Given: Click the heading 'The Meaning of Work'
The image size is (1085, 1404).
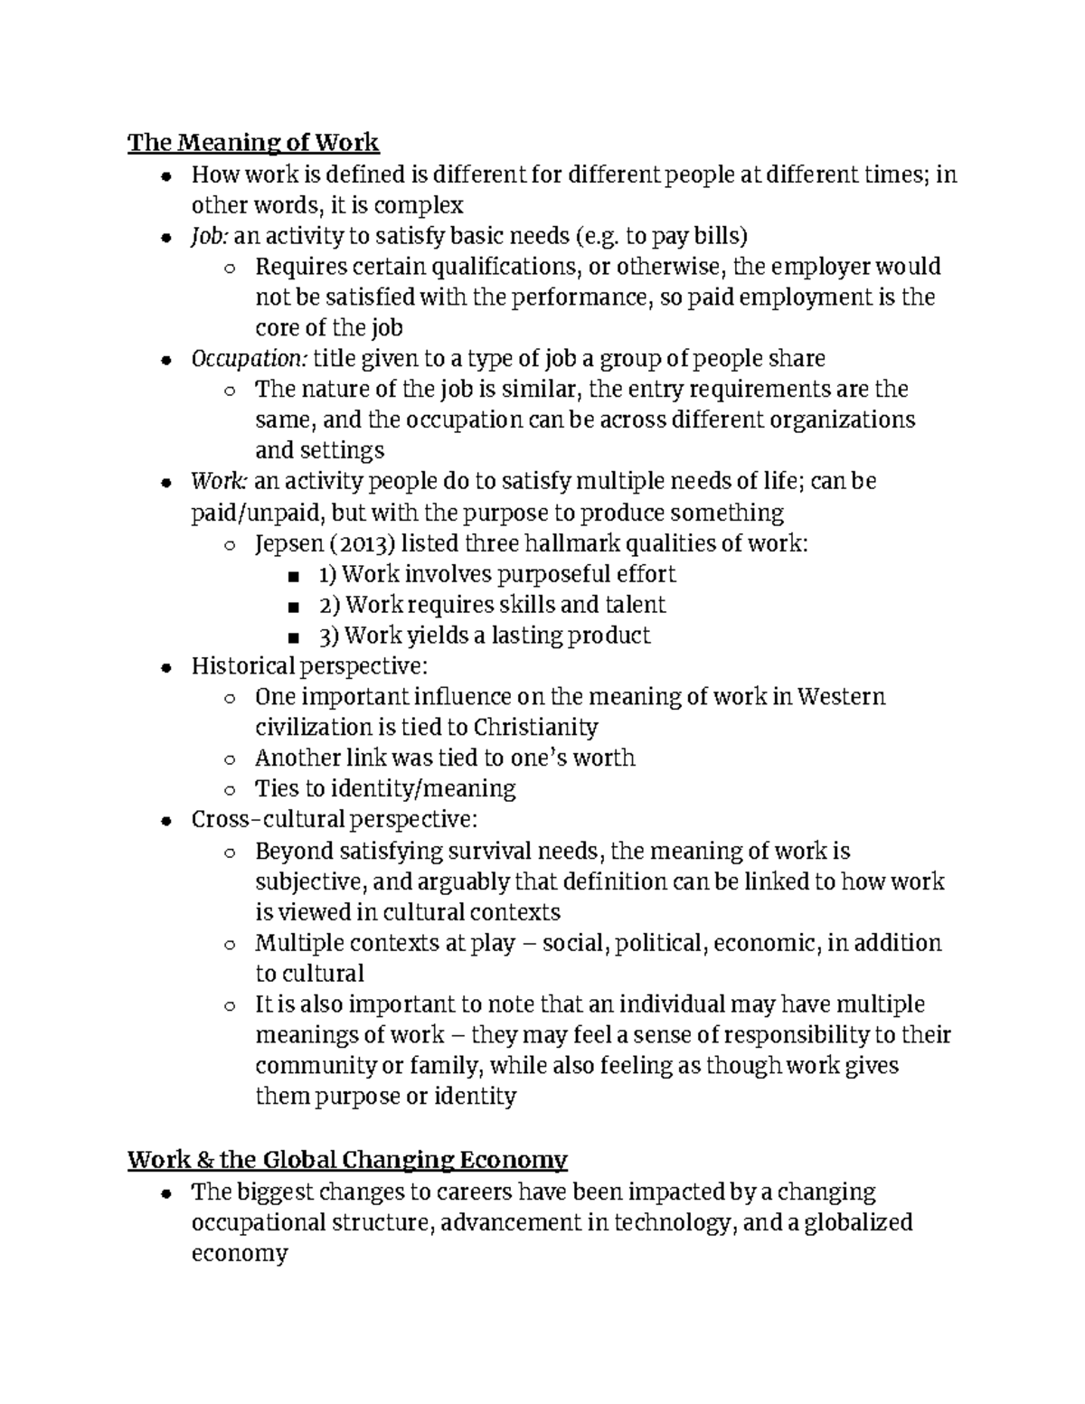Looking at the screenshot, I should click(253, 143).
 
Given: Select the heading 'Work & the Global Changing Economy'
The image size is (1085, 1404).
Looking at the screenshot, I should click(347, 1160).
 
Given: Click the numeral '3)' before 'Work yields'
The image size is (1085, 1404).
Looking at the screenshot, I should click(329, 636).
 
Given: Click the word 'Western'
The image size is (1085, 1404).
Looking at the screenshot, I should click(843, 697).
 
